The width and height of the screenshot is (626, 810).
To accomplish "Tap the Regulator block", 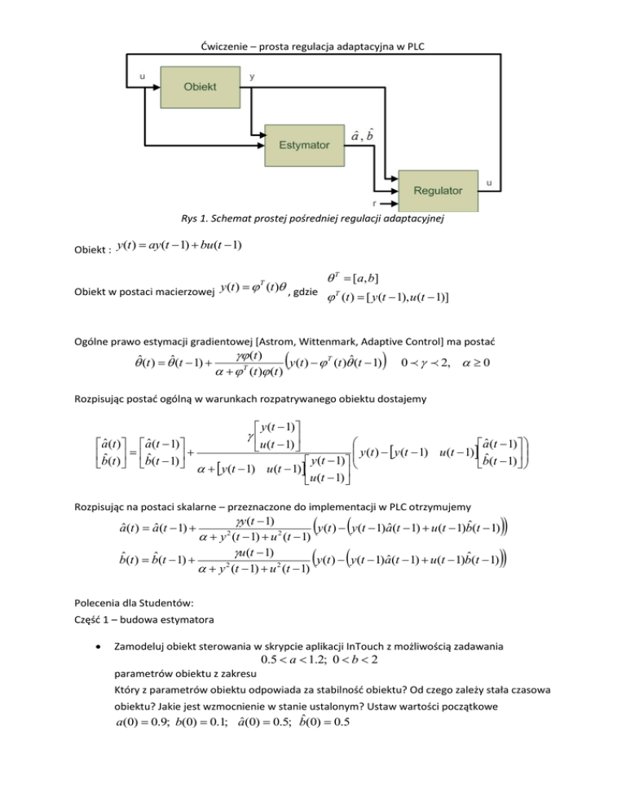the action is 437,190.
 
